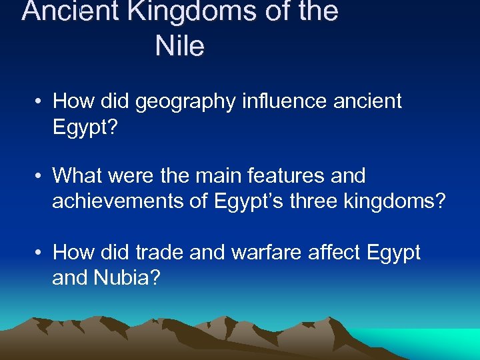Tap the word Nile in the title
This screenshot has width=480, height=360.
pos(180,47)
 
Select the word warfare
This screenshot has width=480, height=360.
pos(253,252)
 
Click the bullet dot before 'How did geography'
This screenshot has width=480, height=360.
pos(40,102)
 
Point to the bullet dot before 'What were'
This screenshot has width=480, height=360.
pos(40,177)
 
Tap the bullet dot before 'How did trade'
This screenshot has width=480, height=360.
pos(40,253)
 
